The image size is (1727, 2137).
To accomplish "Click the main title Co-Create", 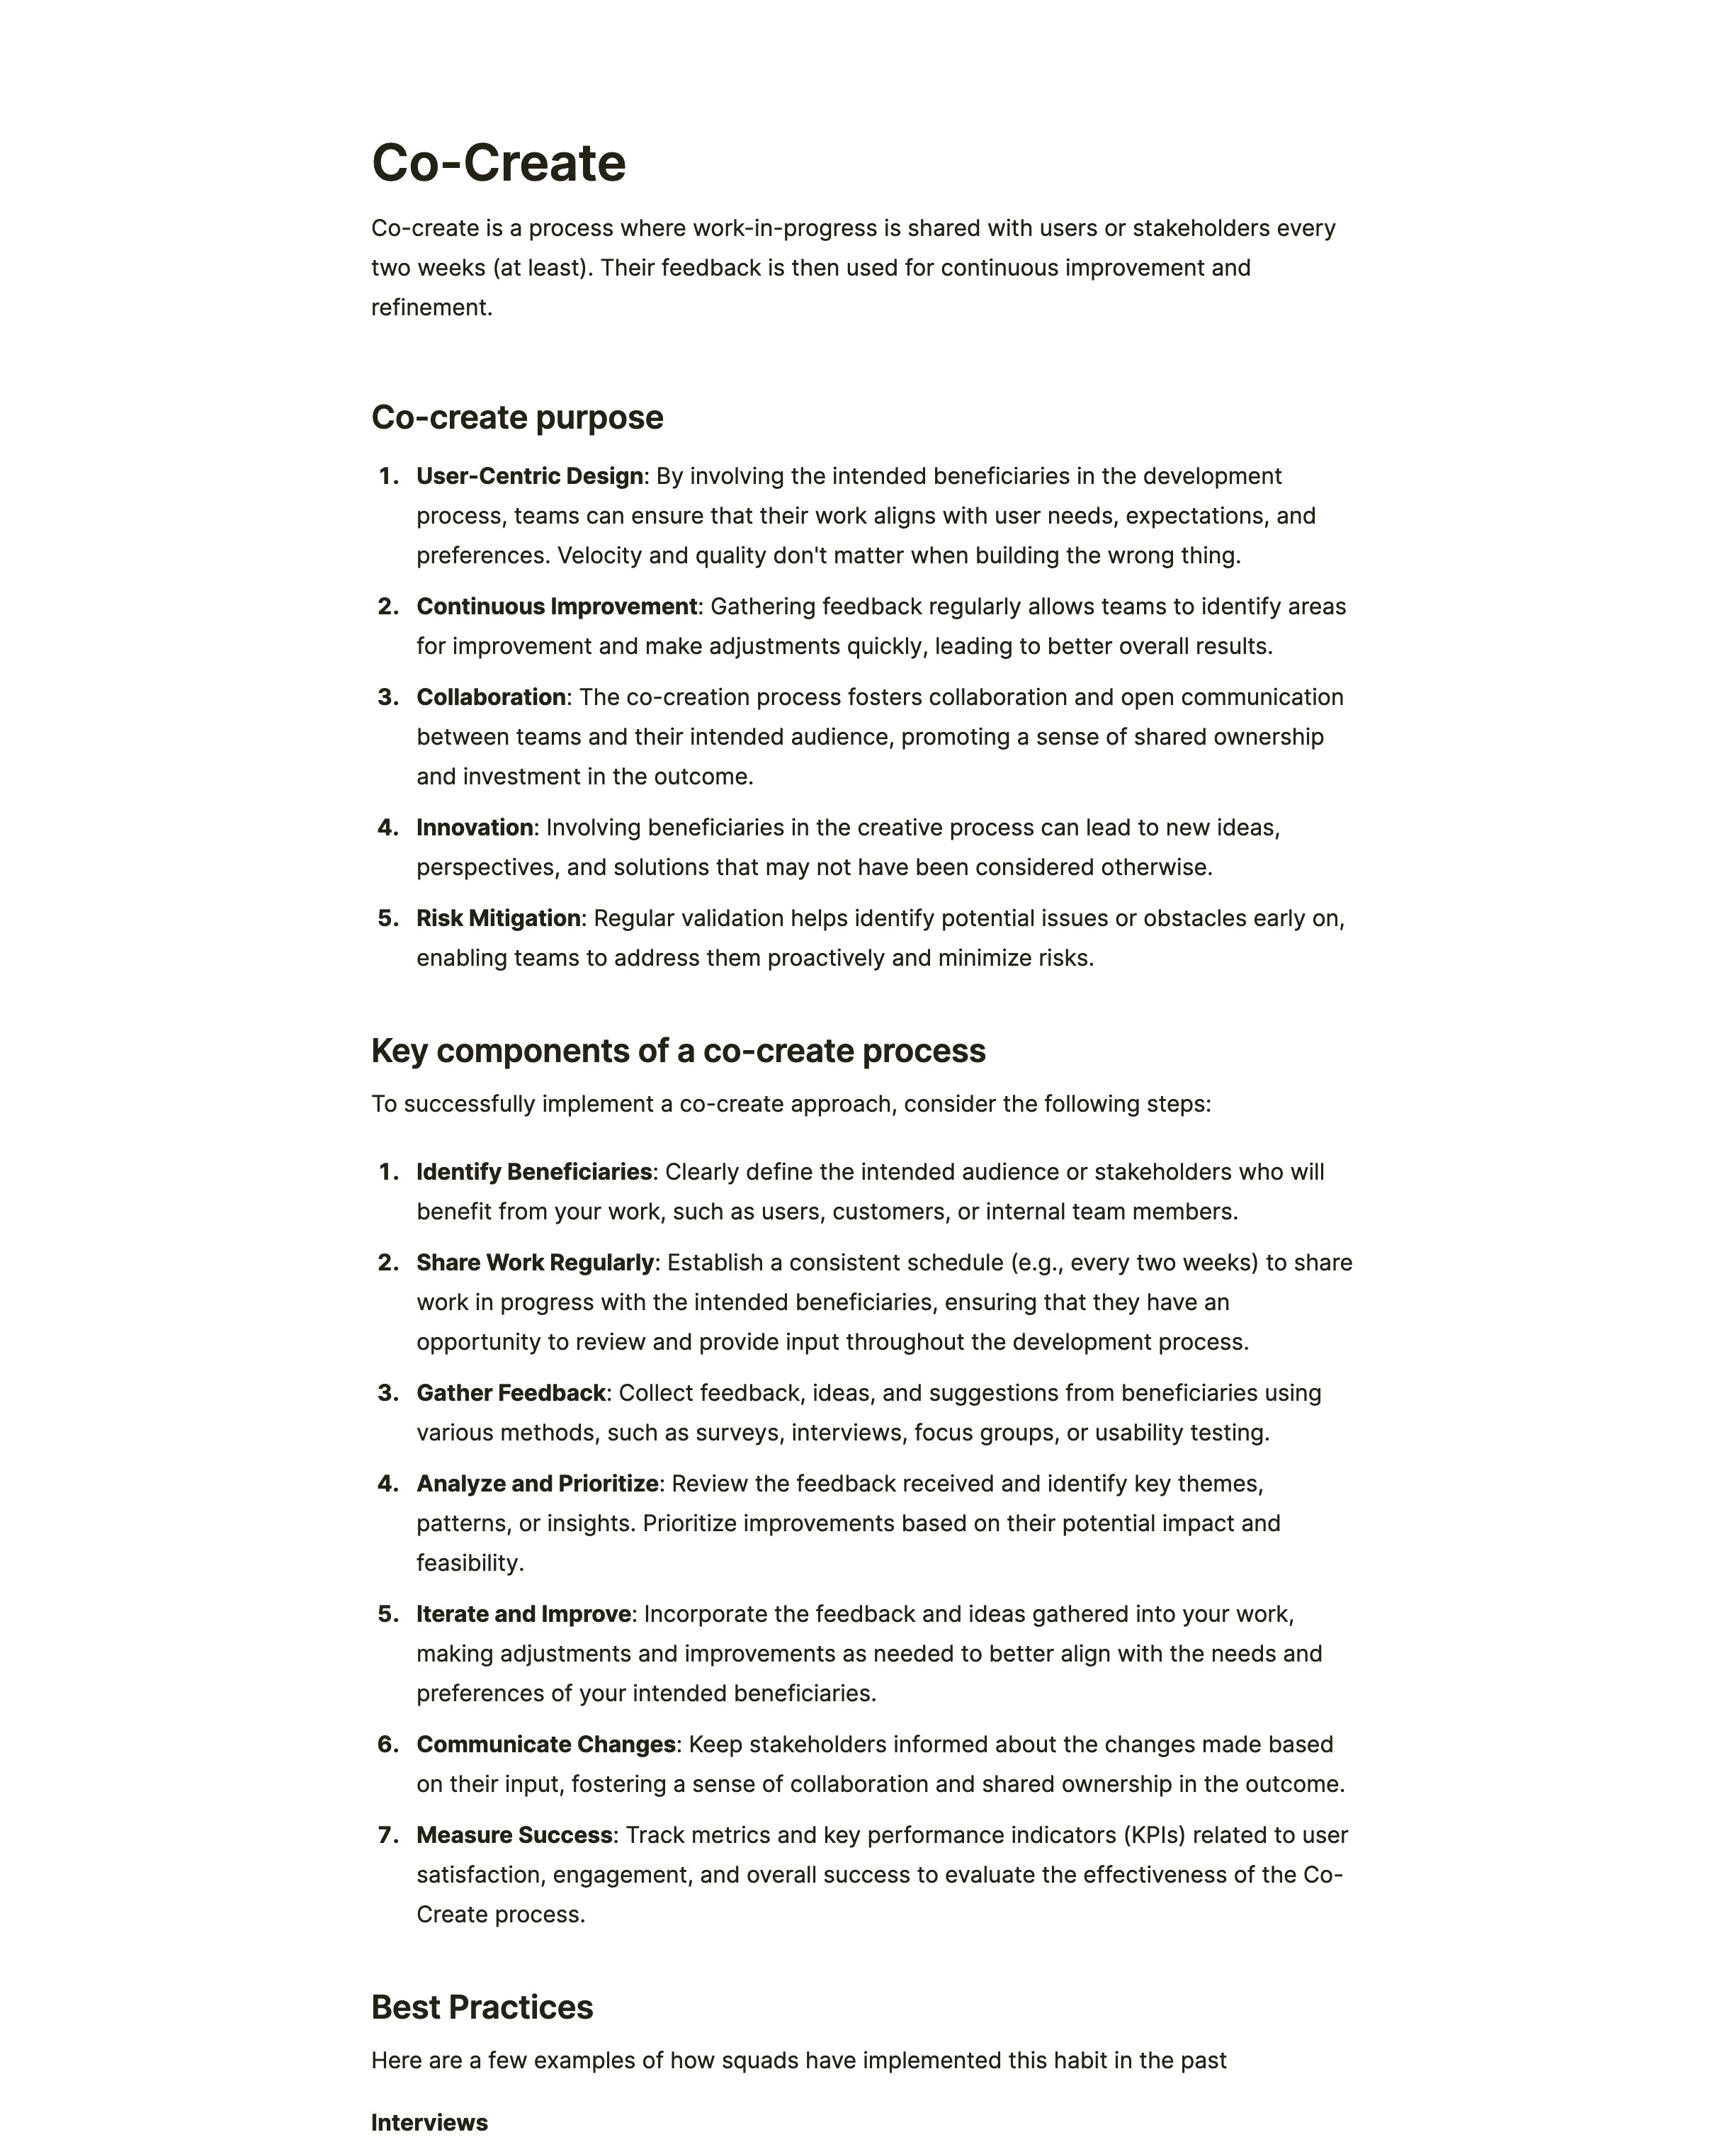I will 499,163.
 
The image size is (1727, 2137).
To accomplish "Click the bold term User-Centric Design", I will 529,477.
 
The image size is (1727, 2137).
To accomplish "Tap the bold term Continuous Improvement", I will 556,607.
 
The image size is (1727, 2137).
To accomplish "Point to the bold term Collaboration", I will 490,697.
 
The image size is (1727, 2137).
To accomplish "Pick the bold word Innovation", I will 475,828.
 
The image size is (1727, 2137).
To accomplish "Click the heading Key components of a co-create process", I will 677,1051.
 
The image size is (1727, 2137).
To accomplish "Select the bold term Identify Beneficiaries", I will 533,1172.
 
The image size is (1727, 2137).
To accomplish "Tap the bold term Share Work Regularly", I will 534,1263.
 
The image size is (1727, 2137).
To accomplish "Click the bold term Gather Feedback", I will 510,1393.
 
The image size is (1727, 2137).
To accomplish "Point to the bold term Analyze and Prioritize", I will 537,1484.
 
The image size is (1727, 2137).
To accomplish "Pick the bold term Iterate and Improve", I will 523,1613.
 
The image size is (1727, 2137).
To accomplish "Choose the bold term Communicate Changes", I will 545,1744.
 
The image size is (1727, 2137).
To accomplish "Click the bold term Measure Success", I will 514,1834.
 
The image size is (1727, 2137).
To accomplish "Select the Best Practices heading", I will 482,2007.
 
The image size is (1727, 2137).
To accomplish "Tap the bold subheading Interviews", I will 429,2122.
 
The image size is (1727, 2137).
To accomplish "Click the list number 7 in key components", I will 387,1834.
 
